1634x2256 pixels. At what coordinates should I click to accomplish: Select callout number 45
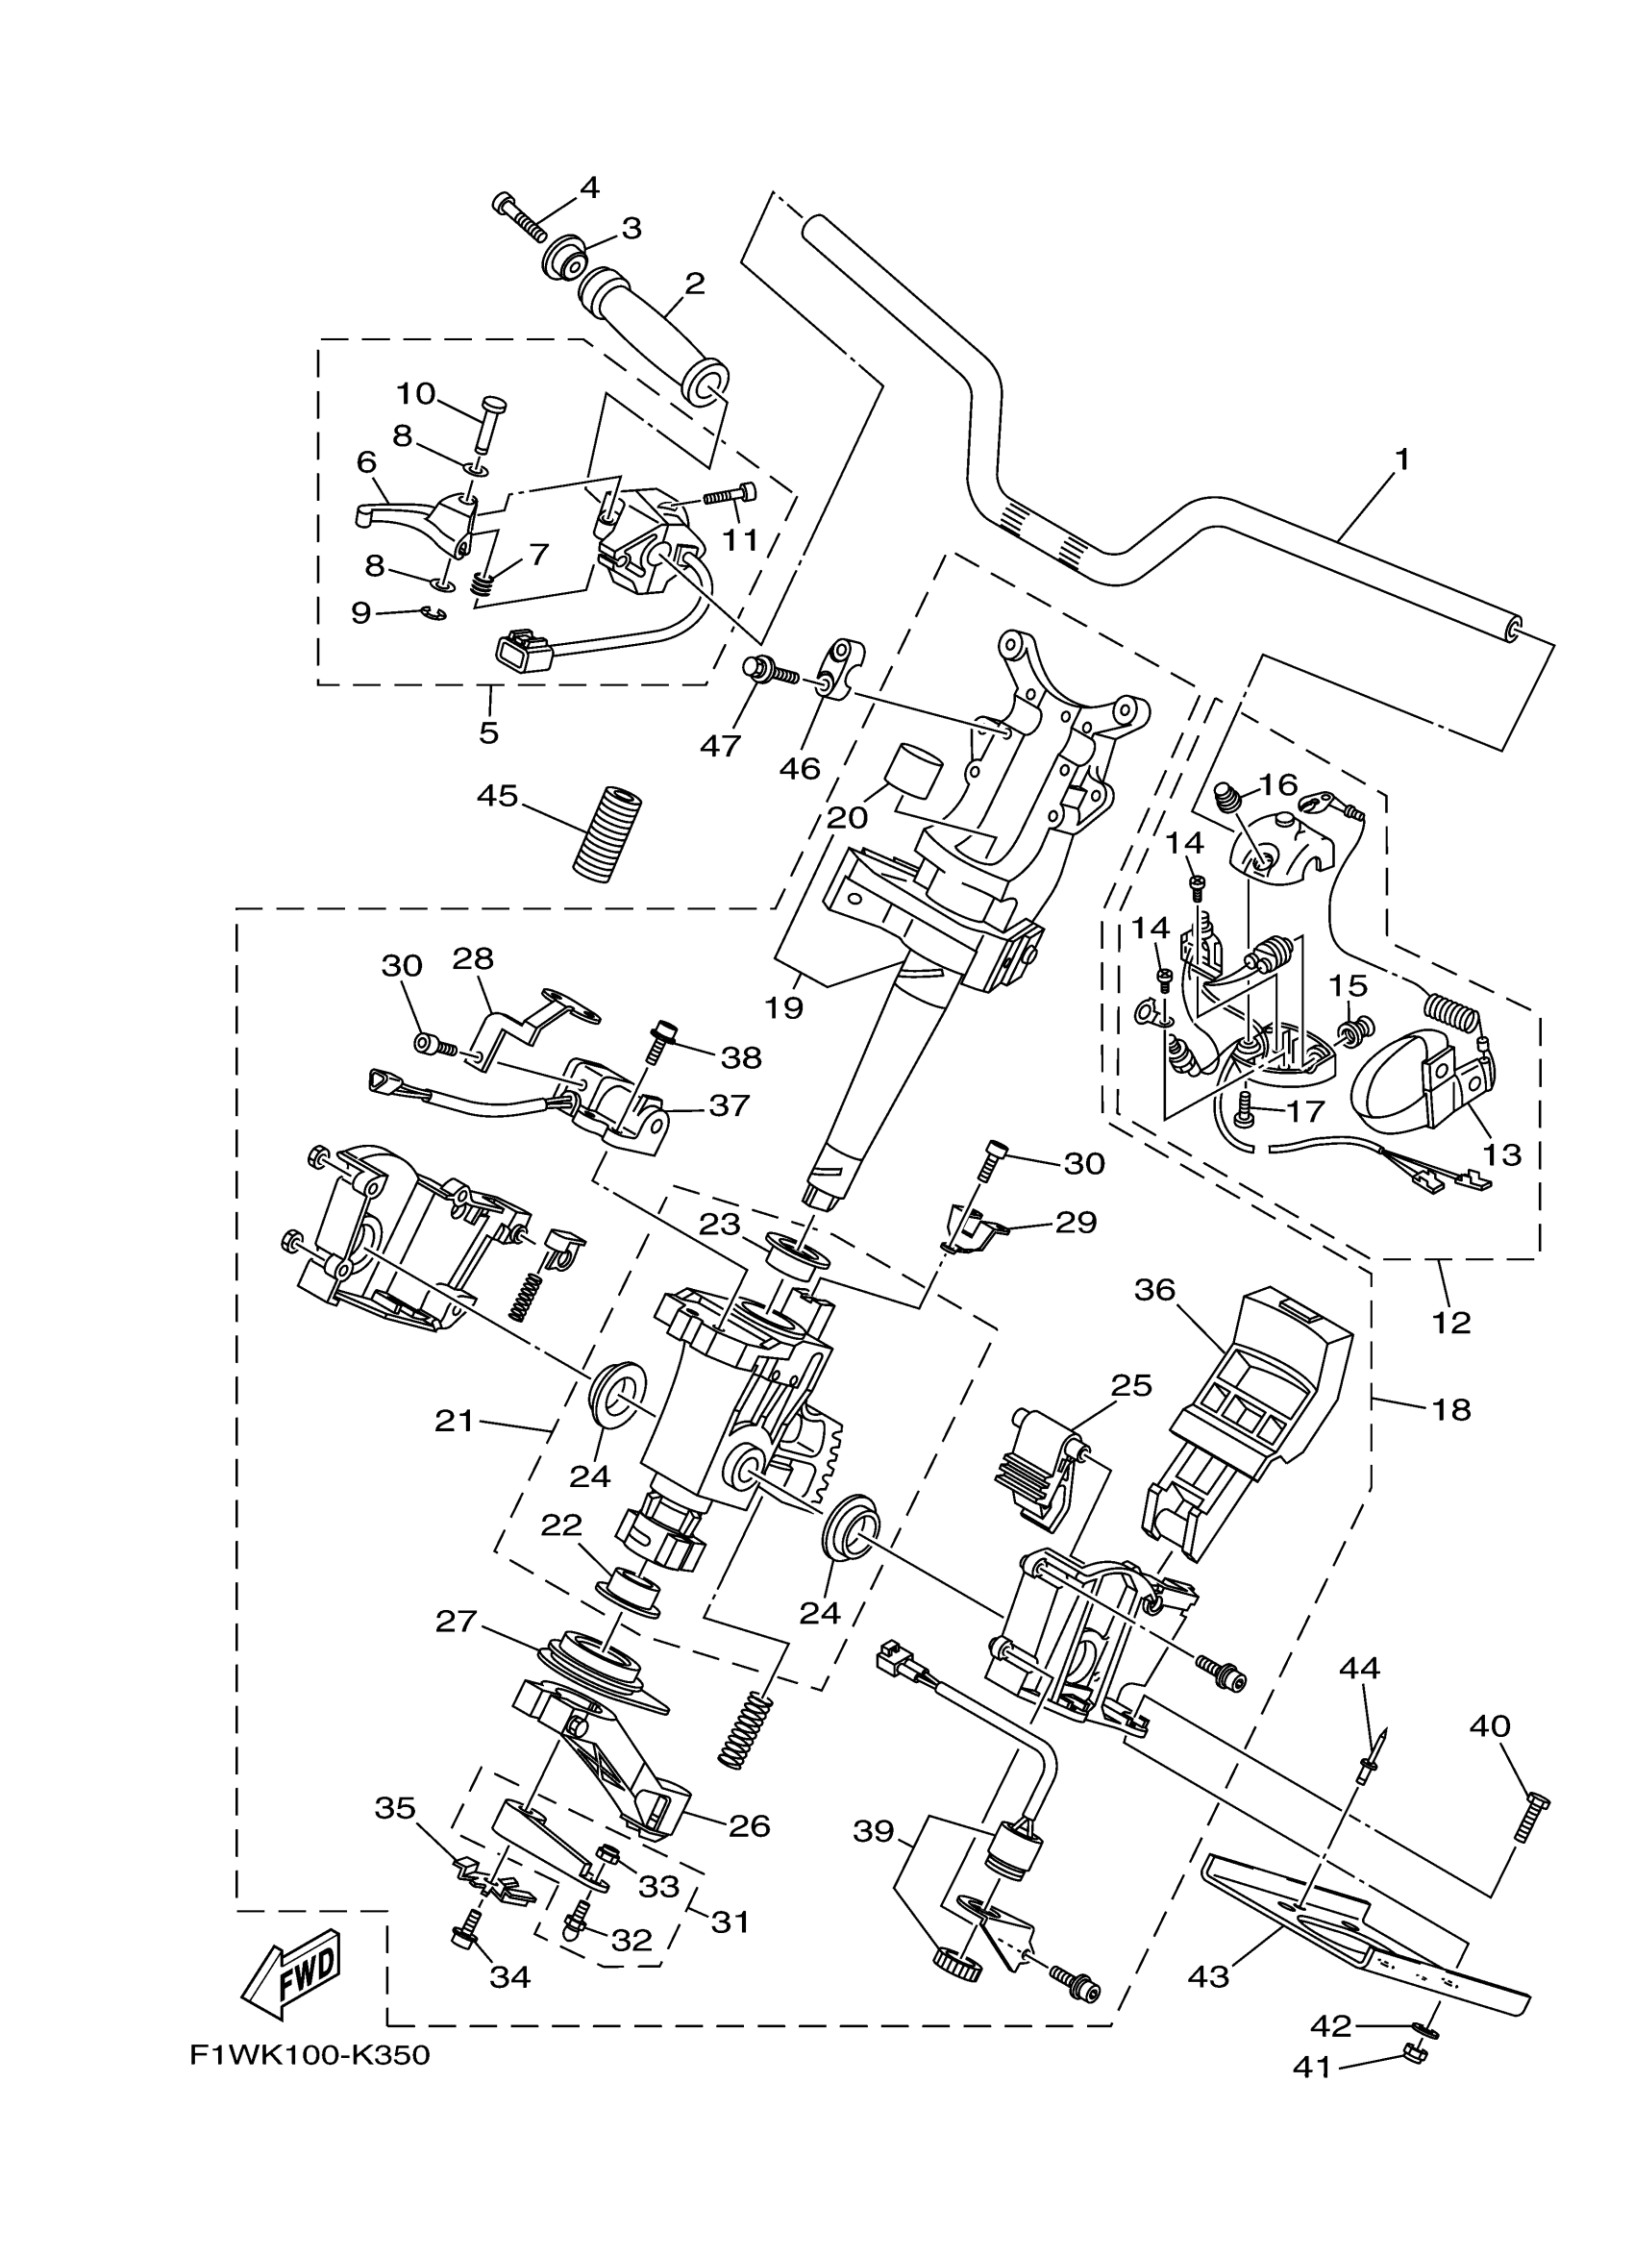(x=497, y=796)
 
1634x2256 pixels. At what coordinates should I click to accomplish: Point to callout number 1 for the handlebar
(x=1402, y=459)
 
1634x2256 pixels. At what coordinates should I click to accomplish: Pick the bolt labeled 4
(x=520, y=216)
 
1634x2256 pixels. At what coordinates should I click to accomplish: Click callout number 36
(x=1154, y=1290)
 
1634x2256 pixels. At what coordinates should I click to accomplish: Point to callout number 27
(x=457, y=1623)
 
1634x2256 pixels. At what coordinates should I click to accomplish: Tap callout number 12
(x=1451, y=1322)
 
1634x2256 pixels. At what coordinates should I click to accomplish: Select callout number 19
(x=783, y=1007)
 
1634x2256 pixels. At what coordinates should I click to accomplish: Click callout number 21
(x=455, y=1422)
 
